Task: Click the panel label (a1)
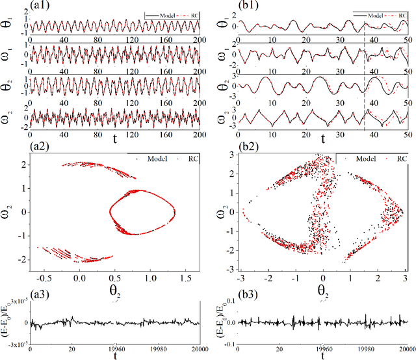pos(14,6)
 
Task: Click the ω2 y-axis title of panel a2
pos(8,211)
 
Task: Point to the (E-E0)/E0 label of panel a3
pos(8,322)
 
